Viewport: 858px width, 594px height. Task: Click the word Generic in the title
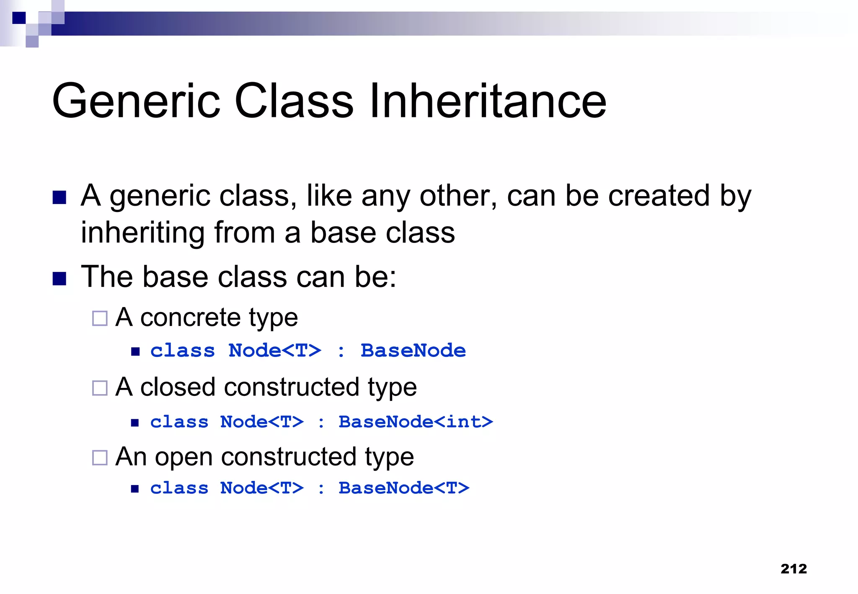point(136,101)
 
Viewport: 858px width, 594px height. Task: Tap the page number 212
point(793,568)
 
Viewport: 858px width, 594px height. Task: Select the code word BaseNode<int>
point(416,422)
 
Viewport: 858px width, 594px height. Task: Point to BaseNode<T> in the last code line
point(404,488)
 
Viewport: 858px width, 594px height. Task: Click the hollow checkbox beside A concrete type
point(100,318)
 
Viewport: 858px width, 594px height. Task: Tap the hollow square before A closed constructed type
point(100,388)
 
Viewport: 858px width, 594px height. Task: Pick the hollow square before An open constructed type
point(100,457)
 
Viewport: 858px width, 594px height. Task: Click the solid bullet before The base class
point(59,279)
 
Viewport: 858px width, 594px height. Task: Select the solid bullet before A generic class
point(59,197)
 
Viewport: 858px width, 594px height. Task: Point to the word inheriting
point(142,233)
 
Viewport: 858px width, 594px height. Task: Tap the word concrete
point(190,318)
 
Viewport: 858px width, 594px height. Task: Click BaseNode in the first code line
point(413,351)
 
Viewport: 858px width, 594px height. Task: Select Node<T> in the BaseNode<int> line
point(262,422)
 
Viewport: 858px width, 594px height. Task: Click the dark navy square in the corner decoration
point(19,18)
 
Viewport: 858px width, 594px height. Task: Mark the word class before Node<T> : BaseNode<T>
point(179,488)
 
